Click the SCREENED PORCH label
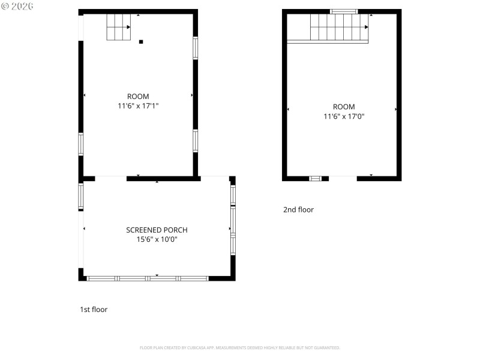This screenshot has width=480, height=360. (x=157, y=230)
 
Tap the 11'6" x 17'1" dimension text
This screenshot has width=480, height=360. (x=138, y=106)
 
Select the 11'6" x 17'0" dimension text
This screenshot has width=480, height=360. (x=344, y=116)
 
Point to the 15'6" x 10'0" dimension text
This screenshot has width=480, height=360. (x=157, y=239)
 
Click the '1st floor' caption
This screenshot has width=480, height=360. (x=94, y=310)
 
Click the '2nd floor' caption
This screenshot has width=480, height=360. (x=298, y=209)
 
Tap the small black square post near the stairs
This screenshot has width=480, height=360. (x=141, y=41)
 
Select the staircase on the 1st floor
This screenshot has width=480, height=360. (x=118, y=27)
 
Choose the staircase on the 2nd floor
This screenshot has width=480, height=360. (x=339, y=27)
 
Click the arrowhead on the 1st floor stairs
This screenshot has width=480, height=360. (x=128, y=27)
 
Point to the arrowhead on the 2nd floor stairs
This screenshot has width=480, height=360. (x=367, y=27)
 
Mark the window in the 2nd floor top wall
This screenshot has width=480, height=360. (x=344, y=11)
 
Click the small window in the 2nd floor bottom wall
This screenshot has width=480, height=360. (x=315, y=178)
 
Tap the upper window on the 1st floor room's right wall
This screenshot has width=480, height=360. (x=196, y=48)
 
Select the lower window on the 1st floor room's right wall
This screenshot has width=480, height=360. (x=196, y=141)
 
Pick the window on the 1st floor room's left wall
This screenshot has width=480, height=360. (x=81, y=144)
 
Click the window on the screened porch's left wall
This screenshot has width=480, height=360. (x=81, y=196)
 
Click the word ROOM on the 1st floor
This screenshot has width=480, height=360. (x=138, y=97)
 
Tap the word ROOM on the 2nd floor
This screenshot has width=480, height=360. (x=344, y=107)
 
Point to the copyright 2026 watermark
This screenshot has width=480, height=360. (x=17, y=6)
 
